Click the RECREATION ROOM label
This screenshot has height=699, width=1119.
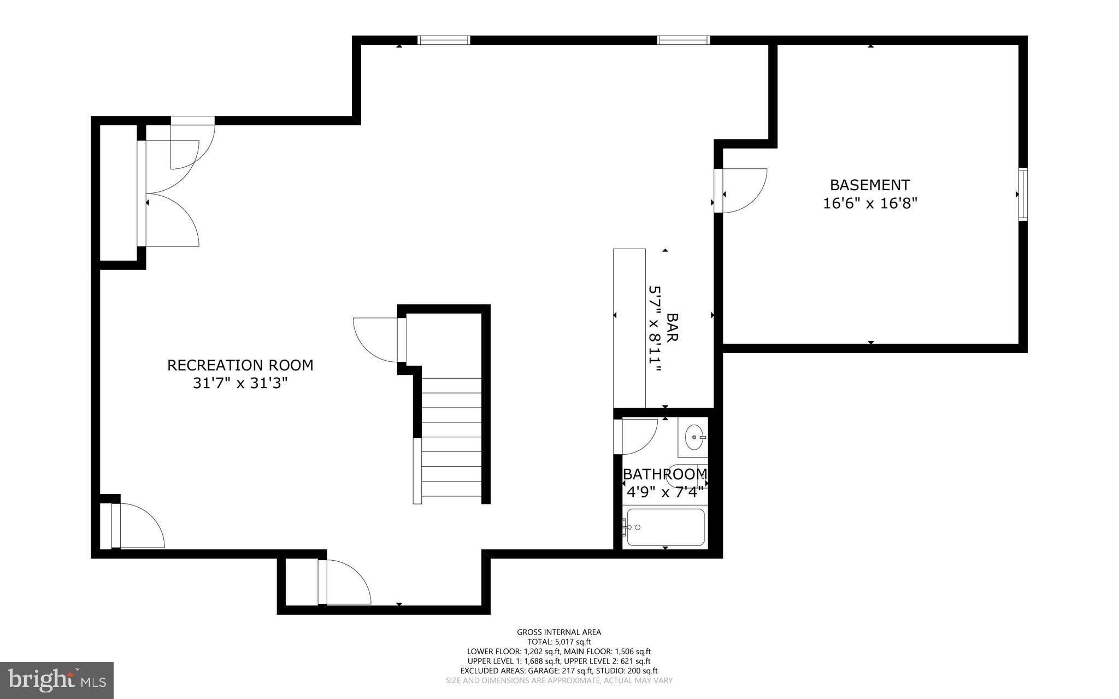(x=240, y=365)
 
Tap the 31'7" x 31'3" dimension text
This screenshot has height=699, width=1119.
(x=240, y=384)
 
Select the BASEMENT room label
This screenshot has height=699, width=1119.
(x=870, y=185)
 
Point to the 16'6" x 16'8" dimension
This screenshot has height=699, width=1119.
(x=870, y=204)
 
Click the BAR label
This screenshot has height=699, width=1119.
(x=672, y=327)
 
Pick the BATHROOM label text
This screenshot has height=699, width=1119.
(x=665, y=474)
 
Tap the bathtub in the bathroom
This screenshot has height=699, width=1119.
(x=665, y=527)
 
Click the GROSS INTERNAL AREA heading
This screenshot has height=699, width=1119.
(x=559, y=632)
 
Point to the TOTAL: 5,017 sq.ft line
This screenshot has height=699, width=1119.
(x=559, y=642)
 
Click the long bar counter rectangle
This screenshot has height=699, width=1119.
(x=629, y=328)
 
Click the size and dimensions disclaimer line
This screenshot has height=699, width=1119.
(x=559, y=681)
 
